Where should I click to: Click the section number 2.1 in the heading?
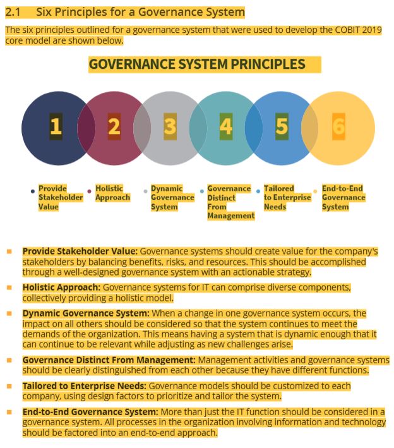coord(14,12)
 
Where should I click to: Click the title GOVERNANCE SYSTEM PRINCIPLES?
coord(196,64)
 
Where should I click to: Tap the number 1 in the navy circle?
coord(56,127)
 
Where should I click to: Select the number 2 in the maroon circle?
coord(114,127)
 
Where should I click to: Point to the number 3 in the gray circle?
coord(170,127)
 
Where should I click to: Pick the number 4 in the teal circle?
coord(226,127)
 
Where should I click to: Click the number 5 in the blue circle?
coord(282,127)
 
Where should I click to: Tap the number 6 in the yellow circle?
coord(338,127)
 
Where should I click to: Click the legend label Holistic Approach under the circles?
coord(112,193)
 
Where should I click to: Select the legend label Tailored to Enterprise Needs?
coord(287,197)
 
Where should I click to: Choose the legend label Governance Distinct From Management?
coord(230,202)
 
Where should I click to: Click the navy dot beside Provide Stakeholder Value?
coord(33,190)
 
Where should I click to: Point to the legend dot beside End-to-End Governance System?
coord(316,190)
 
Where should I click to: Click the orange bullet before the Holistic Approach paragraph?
coord(9,287)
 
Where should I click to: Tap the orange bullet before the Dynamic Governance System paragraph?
coord(9,313)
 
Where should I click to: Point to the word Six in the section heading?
coord(45,12)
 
